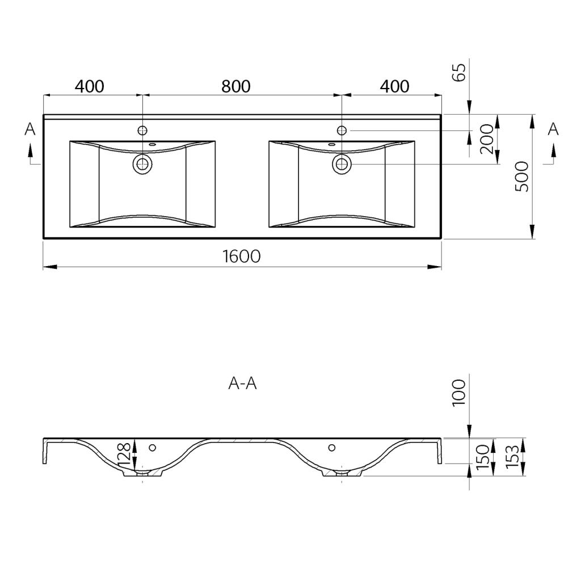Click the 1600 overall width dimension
[x=242, y=256]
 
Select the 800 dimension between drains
[x=236, y=86]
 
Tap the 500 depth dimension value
[x=522, y=176]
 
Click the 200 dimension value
[x=487, y=140]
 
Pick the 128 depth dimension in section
[x=124, y=454]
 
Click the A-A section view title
[x=242, y=384]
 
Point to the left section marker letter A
[x=30, y=129]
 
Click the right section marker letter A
[x=553, y=129]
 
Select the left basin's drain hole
[x=142, y=163]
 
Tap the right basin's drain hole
[x=342, y=163]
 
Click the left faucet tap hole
[x=142, y=130]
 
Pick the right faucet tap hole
[x=342, y=130]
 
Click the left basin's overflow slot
[x=152, y=144]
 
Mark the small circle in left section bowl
[x=152, y=448]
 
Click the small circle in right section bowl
[x=331, y=448]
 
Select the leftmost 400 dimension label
[x=89, y=86]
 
